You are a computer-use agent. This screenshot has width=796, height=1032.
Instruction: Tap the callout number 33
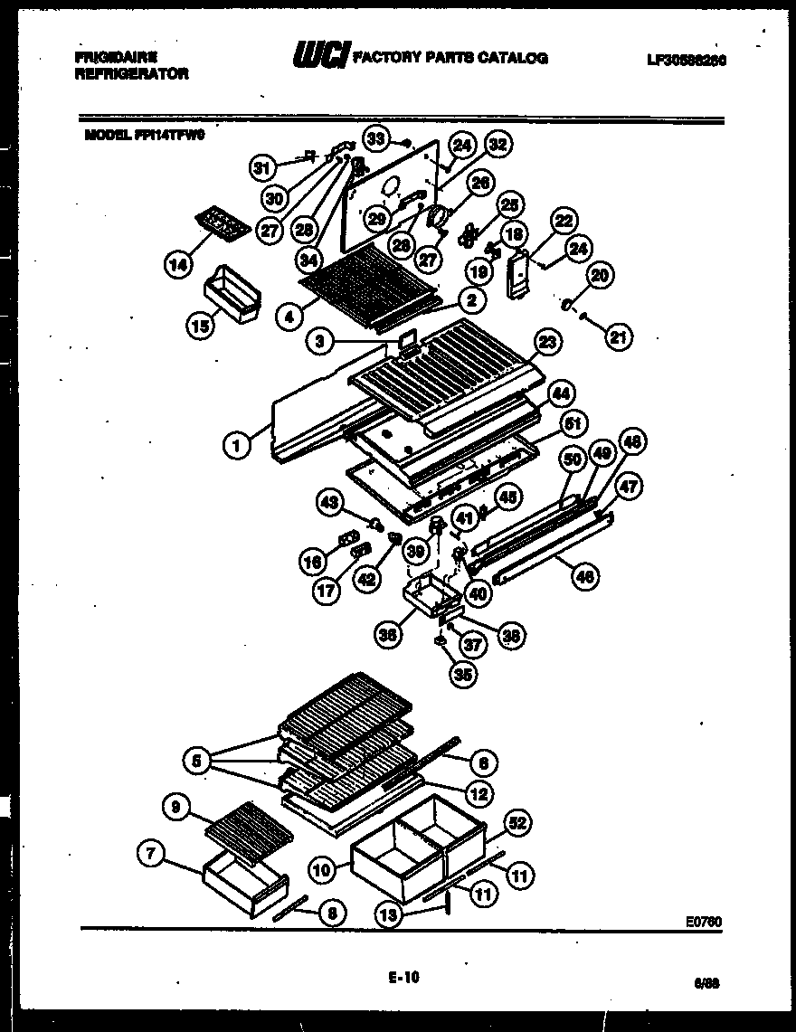pos(376,137)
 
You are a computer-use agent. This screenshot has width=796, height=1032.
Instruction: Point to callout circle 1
pos(236,444)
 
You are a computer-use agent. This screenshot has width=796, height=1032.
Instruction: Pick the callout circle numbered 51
pos(573,422)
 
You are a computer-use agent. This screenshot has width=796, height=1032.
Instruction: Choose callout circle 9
pos(177,804)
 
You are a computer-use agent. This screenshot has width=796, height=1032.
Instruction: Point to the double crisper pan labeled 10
pos(398,846)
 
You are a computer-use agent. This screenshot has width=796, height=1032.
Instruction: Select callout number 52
pos(516,824)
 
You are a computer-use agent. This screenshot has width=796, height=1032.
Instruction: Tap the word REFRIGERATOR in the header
pos(131,75)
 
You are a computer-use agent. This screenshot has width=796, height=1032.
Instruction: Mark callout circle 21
pos(618,337)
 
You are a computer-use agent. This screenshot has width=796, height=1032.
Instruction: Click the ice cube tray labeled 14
pos(222,222)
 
